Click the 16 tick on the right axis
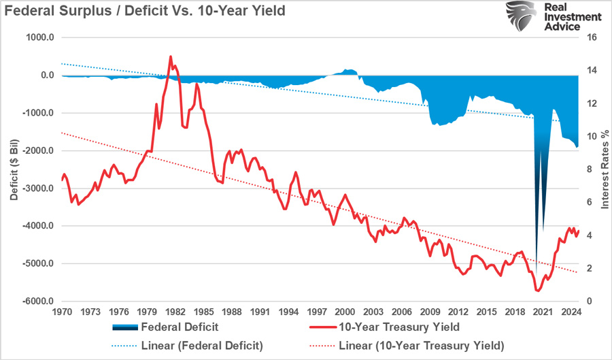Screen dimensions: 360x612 [x=592, y=37]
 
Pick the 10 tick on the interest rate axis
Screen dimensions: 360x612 [x=592, y=136]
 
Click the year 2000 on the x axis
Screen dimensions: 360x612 [x=345, y=312]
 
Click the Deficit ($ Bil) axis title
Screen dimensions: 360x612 [x=14, y=169]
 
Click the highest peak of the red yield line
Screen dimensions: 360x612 [x=170, y=56]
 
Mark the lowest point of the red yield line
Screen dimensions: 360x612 [x=537, y=291]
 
